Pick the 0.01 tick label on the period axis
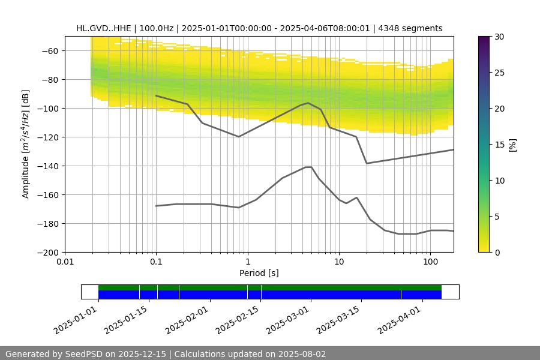tap(65, 262)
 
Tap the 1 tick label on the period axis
tap(247, 262)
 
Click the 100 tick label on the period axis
tap(430, 262)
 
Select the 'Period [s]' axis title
tap(259, 273)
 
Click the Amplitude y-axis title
tap(25, 144)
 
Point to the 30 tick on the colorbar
tap(499, 37)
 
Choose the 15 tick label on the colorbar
tap(499, 145)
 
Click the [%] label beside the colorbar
tap(512, 145)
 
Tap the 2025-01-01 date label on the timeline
tap(75, 320)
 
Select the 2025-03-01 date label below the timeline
tap(287, 320)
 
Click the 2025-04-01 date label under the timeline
tap(399, 320)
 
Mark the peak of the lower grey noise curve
tap(308, 167)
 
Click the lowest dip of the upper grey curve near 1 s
tap(239, 137)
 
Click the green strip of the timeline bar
tap(270, 287)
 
